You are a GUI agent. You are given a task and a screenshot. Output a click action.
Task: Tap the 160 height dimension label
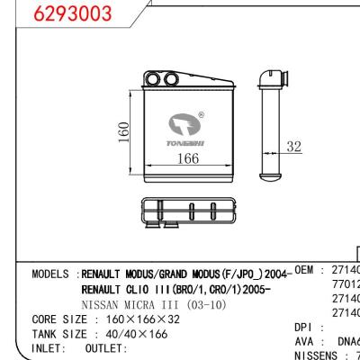click(x=127, y=133)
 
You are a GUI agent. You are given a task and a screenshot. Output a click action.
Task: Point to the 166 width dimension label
click(x=186, y=158)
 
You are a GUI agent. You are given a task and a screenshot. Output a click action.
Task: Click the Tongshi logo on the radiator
click(x=187, y=126)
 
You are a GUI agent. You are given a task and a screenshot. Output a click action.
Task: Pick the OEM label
click(x=306, y=270)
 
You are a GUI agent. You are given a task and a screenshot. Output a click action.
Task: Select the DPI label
click(x=305, y=327)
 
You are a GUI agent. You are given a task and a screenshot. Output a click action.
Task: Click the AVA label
click(x=305, y=342)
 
